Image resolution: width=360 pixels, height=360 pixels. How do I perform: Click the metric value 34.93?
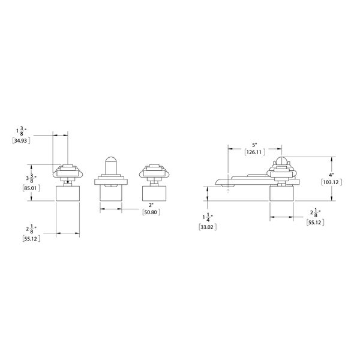[21, 141]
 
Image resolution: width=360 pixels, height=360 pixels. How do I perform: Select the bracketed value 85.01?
[31, 188]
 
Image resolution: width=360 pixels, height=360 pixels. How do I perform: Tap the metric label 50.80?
[151, 212]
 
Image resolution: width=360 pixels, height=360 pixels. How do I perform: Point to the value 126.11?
[254, 152]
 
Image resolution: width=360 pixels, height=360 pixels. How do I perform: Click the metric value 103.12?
[331, 182]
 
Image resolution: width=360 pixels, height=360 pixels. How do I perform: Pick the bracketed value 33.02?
[208, 227]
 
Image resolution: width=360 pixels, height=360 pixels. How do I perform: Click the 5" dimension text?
[254, 145]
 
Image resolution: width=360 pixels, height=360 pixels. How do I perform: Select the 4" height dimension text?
[331, 175]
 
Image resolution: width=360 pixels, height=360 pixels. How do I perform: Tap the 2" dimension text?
[151, 205]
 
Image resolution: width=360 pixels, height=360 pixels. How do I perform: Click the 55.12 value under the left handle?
[31, 239]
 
